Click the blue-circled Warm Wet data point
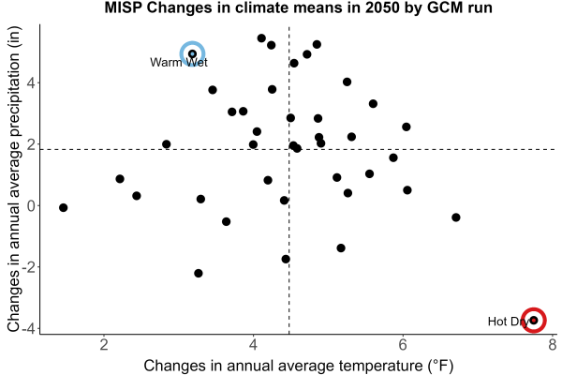(x=192, y=53)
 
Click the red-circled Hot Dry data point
(x=534, y=320)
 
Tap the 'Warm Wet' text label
(x=179, y=63)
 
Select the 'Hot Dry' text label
(x=509, y=322)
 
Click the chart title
(x=298, y=7)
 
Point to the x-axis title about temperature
(x=299, y=366)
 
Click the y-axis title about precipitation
(x=13, y=179)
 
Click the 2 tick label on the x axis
(x=104, y=345)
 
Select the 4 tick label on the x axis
(x=254, y=345)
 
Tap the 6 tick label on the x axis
(x=403, y=345)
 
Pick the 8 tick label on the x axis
(x=553, y=345)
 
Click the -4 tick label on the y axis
(x=29, y=328)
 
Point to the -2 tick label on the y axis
(x=29, y=267)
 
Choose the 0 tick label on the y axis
(x=32, y=205)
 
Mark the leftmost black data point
(x=63, y=207)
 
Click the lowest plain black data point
(x=199, y=273)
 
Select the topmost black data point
(x=261, y=38)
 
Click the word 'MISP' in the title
(x=124, y=7)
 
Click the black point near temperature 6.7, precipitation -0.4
(x=456, y=217)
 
